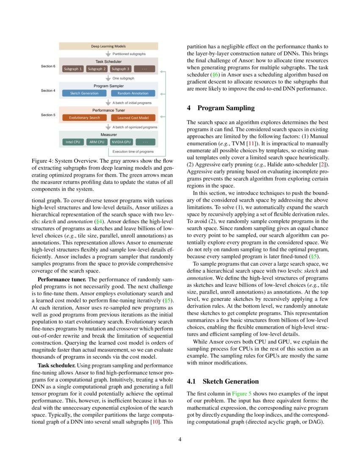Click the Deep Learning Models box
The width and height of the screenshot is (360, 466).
[x=108, y=46]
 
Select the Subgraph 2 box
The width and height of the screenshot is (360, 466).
[x=97, y=69]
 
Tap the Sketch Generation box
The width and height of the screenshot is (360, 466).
[x=84, y=93]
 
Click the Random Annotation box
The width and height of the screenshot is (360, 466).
[x=133, y=93]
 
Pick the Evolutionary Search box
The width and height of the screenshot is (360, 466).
[x=84, y=118]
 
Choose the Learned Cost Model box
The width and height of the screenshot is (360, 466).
[x=133, y=118]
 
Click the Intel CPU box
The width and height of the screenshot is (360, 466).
[x=73, y=142]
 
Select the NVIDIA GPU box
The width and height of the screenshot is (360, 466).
[x=121, y=142]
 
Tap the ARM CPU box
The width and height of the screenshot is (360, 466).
[x=97, y=142]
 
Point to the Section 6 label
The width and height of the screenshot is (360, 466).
[x=48, y=66]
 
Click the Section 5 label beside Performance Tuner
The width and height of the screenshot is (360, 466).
[x=48, y=115]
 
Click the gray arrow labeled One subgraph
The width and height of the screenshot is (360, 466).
[x=108, y=78]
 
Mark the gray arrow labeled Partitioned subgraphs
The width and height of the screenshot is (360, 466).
[x=108, y=54]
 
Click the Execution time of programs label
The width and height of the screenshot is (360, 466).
[x=133, y=151]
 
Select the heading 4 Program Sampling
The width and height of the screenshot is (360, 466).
[x=221, y=108]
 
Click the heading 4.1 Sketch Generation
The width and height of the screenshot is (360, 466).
[x=223, y=381]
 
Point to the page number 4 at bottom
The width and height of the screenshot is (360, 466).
[x=180, y=439]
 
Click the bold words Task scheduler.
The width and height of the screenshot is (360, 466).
[x=56, y=365]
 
